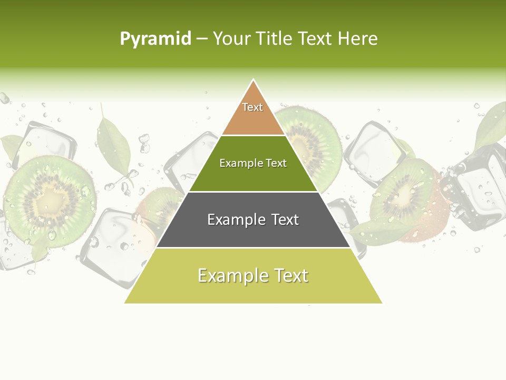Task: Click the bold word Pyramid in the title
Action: pos(155,39)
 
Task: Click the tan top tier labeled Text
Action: pos(253,113)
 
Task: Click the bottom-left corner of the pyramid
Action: pos(125,302)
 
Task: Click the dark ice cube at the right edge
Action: pos(477,190)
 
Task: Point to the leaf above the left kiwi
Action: pos(113,145)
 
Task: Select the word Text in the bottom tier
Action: pos(289,276)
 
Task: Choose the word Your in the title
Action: pos(230,39)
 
